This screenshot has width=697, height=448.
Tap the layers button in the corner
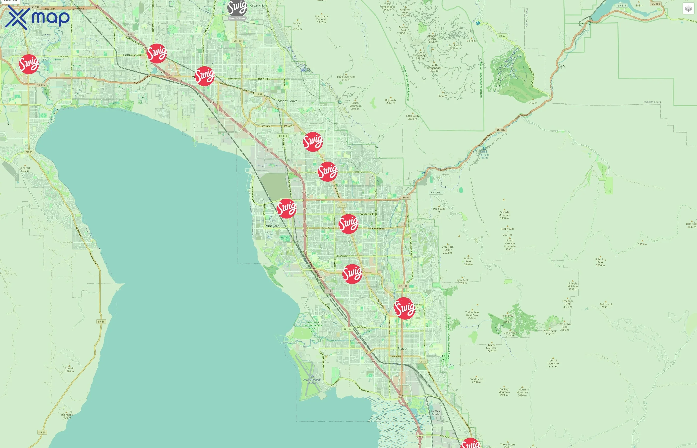688,9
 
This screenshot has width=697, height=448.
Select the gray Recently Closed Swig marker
237,8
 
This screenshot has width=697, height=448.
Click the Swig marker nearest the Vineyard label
287,208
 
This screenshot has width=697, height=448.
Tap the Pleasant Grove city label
286,101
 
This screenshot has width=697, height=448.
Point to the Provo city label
402,348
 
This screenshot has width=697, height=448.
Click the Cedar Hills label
257,5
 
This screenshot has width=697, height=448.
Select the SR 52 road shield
406,198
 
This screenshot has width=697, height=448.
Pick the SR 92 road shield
502,36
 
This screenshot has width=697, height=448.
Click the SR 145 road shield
41,85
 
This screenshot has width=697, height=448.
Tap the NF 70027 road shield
436,193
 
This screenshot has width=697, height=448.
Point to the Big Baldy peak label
391,101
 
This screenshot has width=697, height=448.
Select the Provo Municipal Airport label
312,381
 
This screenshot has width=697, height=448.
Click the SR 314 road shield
622,5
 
